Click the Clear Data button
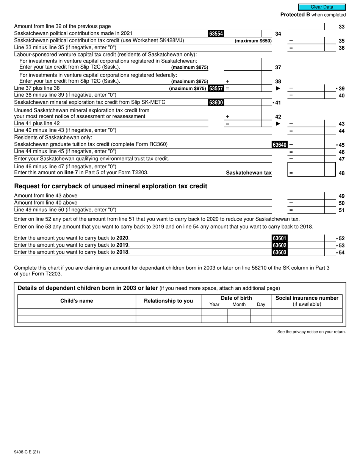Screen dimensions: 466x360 point(322,7)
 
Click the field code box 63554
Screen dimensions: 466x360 point(216,34)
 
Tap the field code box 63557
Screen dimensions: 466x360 point(216,89)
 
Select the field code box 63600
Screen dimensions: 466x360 point(216,103)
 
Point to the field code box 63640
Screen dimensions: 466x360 point(279,145)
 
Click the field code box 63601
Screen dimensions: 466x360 point(279,238)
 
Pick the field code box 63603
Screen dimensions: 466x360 point(279,252)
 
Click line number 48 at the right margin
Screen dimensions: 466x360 point(341,173)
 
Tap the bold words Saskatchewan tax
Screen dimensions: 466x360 point(249,173)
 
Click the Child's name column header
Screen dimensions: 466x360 point(77,301)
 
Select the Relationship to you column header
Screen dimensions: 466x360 point(168,301)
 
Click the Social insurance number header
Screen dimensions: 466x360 point(307,298)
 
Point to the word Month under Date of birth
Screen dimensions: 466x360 point(239,304)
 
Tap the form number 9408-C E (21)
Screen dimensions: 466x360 point(27,452)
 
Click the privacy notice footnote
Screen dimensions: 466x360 point(311,332)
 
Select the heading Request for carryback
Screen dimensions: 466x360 point(110,186)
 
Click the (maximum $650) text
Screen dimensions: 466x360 point(253,41)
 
